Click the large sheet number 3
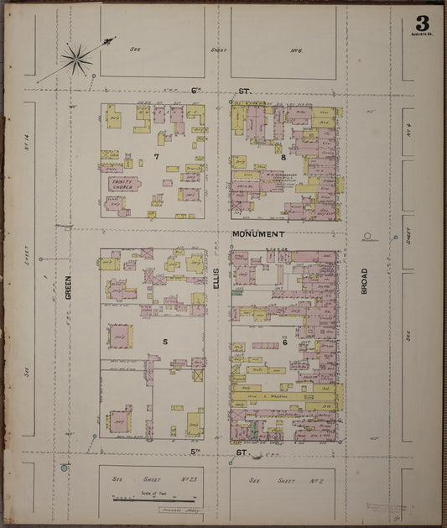[x=420, y=23]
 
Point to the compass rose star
[x=76, y=58]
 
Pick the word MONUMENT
[x=258, y=234]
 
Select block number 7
[x=156, y=156]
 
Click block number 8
[x=284, y=156]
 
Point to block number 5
[x=165, y=342]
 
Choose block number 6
[x=284, y=342]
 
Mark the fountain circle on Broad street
[x=366, y=237]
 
